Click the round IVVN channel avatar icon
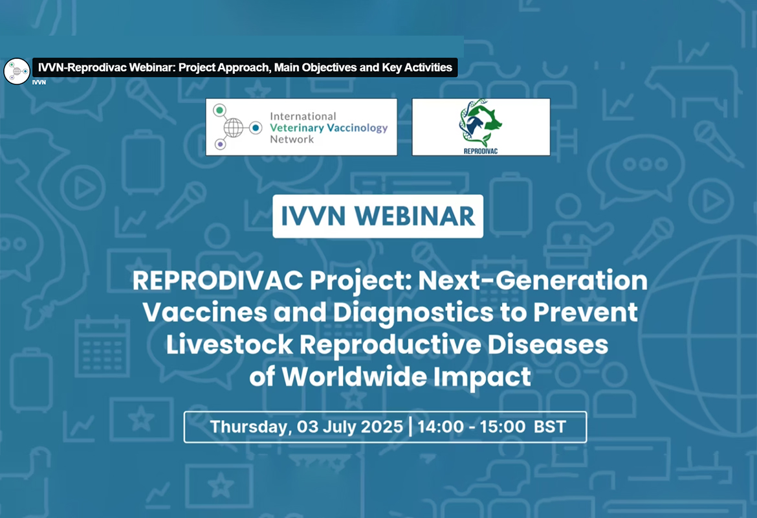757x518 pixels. (x=17, y=71)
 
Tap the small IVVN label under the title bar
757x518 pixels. (x=39, y=83)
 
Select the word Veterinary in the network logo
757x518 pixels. (x=297, y=128)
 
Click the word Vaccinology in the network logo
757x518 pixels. (x=358, y=128)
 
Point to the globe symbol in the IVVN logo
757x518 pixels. (x=233, y=128)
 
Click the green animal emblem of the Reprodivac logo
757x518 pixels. (x=480, y=123)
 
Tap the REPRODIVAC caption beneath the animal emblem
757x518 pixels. (x=480, y=152)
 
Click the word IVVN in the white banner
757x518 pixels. (x=313, y=216)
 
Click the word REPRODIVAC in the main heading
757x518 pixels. (x=218, y=280)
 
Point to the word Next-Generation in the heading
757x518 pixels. (x=533, y=280)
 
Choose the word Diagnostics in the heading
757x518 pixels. (x=413, y=313)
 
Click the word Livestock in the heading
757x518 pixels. (x=229, y=344)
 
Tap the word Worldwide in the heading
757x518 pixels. (x=355, y=377)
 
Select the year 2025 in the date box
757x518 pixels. (x=382, y=427)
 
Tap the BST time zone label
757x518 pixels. (x=550, y=427)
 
